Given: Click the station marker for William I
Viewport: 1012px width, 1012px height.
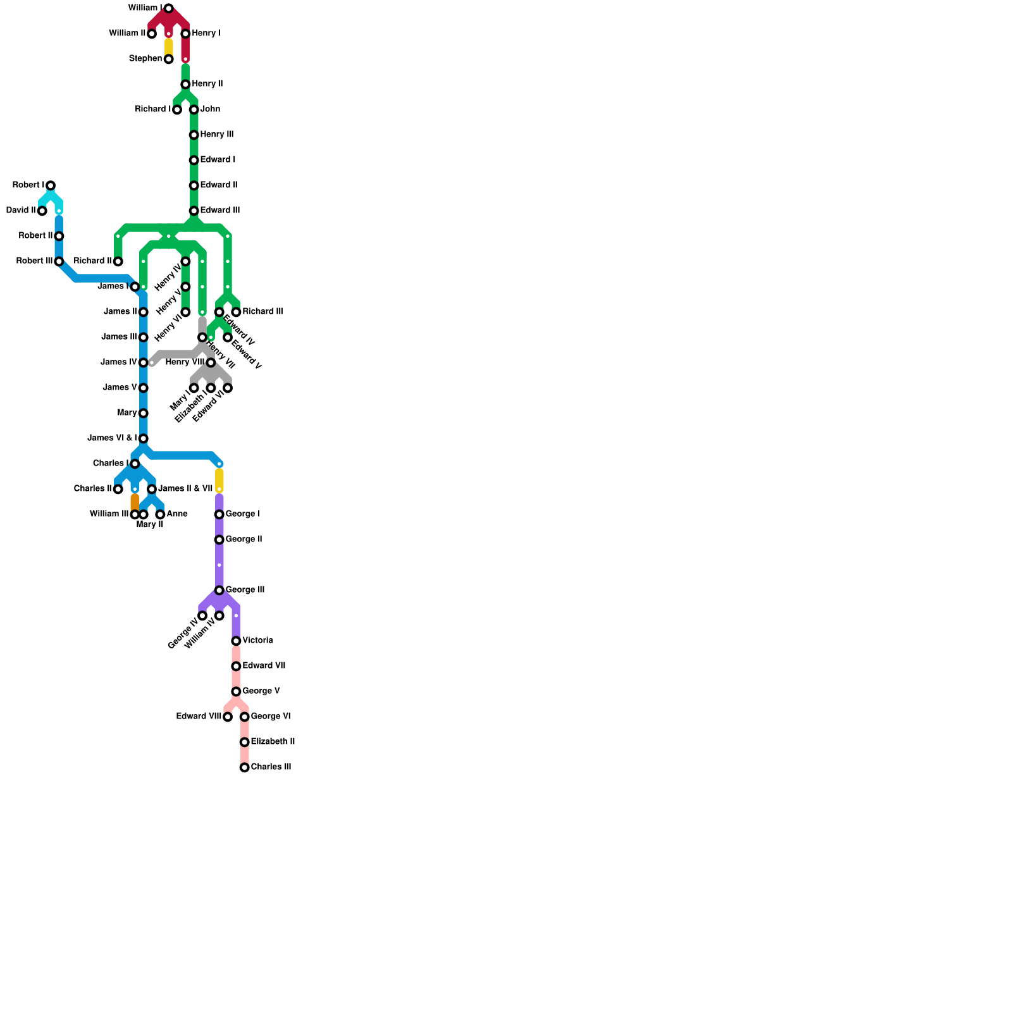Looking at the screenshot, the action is [x=168, y=8].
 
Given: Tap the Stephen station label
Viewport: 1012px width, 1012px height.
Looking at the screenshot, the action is [x=145, y=59].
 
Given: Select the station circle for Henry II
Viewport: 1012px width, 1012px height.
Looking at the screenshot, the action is [x=185, y=84].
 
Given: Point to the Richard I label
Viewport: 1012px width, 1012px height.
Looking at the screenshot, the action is [x=153, y=109].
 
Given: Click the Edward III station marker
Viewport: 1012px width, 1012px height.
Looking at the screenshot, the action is [x=194, y=211].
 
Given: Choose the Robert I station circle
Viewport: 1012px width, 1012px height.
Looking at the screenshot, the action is [x=51, y=185].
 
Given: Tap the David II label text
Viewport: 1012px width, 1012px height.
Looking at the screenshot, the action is [x=21, y=211].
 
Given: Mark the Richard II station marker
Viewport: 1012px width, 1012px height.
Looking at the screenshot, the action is [x=118, y=261].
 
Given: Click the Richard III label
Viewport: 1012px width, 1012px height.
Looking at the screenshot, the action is [x=262, y=312].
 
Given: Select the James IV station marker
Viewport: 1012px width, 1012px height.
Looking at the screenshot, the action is [x=144, y=362].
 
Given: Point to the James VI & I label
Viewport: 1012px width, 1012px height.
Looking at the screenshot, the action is [x=112, y=438].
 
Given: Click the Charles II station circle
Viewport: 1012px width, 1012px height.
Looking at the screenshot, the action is [x=118, y=489].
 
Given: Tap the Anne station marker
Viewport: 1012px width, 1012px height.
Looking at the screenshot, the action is [x=160, y=514].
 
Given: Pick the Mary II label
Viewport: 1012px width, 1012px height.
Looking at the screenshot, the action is [x=150, y=524].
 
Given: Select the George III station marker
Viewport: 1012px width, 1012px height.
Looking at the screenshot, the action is [x=219, y=590].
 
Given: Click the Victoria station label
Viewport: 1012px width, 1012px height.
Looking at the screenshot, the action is [x=257, y=641].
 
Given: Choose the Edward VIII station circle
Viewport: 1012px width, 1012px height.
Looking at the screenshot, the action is [x=228, y=717].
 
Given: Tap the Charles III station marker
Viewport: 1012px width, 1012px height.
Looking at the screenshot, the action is [x=244, y=767].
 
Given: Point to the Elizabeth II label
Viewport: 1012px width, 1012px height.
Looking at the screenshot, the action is [x=273, y=742].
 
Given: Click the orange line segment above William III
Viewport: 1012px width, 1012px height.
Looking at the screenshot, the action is [x=135, y=502].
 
